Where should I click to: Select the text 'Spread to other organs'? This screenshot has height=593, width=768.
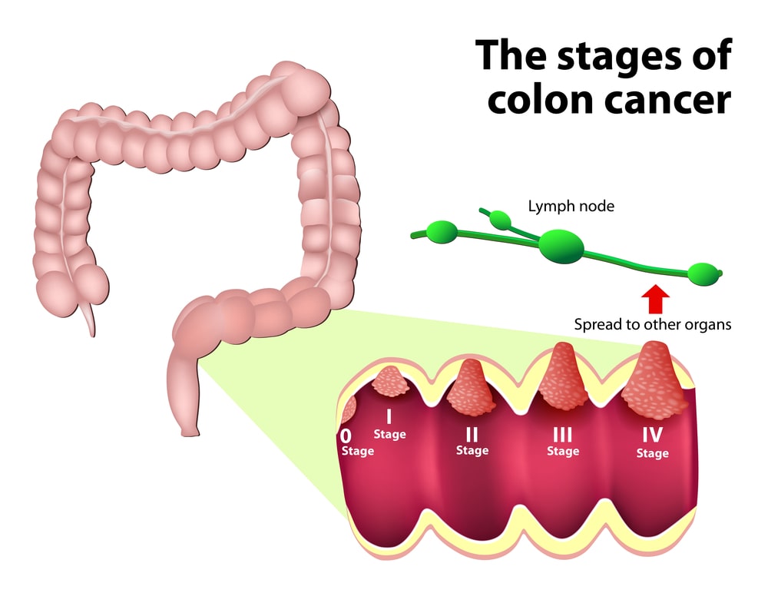tap(653, 324)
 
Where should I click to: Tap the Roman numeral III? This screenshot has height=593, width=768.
tap(562, 435)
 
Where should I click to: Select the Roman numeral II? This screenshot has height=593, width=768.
tap(472, 435)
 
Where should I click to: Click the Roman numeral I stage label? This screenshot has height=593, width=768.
tap(389, 417)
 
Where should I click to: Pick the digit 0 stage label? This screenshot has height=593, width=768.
tap(346, 436)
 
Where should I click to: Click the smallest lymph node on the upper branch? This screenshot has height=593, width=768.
tap(501, 221)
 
